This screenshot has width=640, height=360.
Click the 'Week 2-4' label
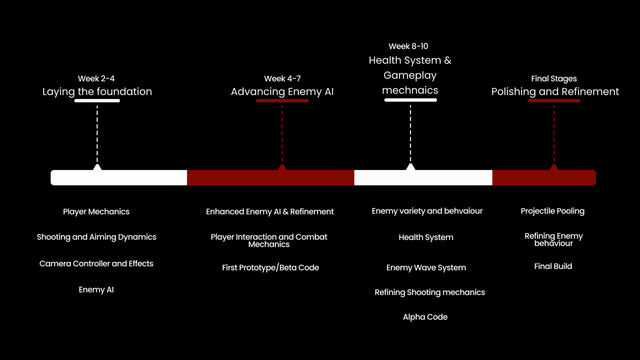tap(96, 79)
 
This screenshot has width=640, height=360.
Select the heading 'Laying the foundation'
tap(97, 92)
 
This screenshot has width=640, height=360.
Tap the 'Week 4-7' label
tap(282, 79)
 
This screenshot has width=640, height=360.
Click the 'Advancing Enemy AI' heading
tap(282, 92)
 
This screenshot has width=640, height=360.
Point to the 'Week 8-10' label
tap(408, 46)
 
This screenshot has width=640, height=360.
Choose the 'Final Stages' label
tap(554, 79)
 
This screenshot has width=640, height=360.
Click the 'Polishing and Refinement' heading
tap(555, 92)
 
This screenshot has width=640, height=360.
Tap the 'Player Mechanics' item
tap(96, 212)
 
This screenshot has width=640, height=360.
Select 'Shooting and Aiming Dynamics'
tap(96, 237)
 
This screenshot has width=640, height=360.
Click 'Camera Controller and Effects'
tap(96, 264)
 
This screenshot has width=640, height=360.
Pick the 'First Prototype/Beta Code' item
tap(270, 268)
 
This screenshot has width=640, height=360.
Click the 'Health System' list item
tap(426, 237)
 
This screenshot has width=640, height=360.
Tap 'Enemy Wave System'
tap(426, 268)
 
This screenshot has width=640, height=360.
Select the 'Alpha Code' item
tap(425, 317)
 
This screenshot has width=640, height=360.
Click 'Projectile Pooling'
tap(552, 211)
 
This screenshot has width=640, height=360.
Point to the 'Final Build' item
tap(553, 266)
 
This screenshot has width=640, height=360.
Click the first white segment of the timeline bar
tap(119, 178)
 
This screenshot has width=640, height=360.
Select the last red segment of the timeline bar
tap(544, 178)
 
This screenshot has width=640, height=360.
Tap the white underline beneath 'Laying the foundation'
tap(97, 101)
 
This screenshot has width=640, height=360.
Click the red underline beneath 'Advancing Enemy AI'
tap(282, 101)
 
